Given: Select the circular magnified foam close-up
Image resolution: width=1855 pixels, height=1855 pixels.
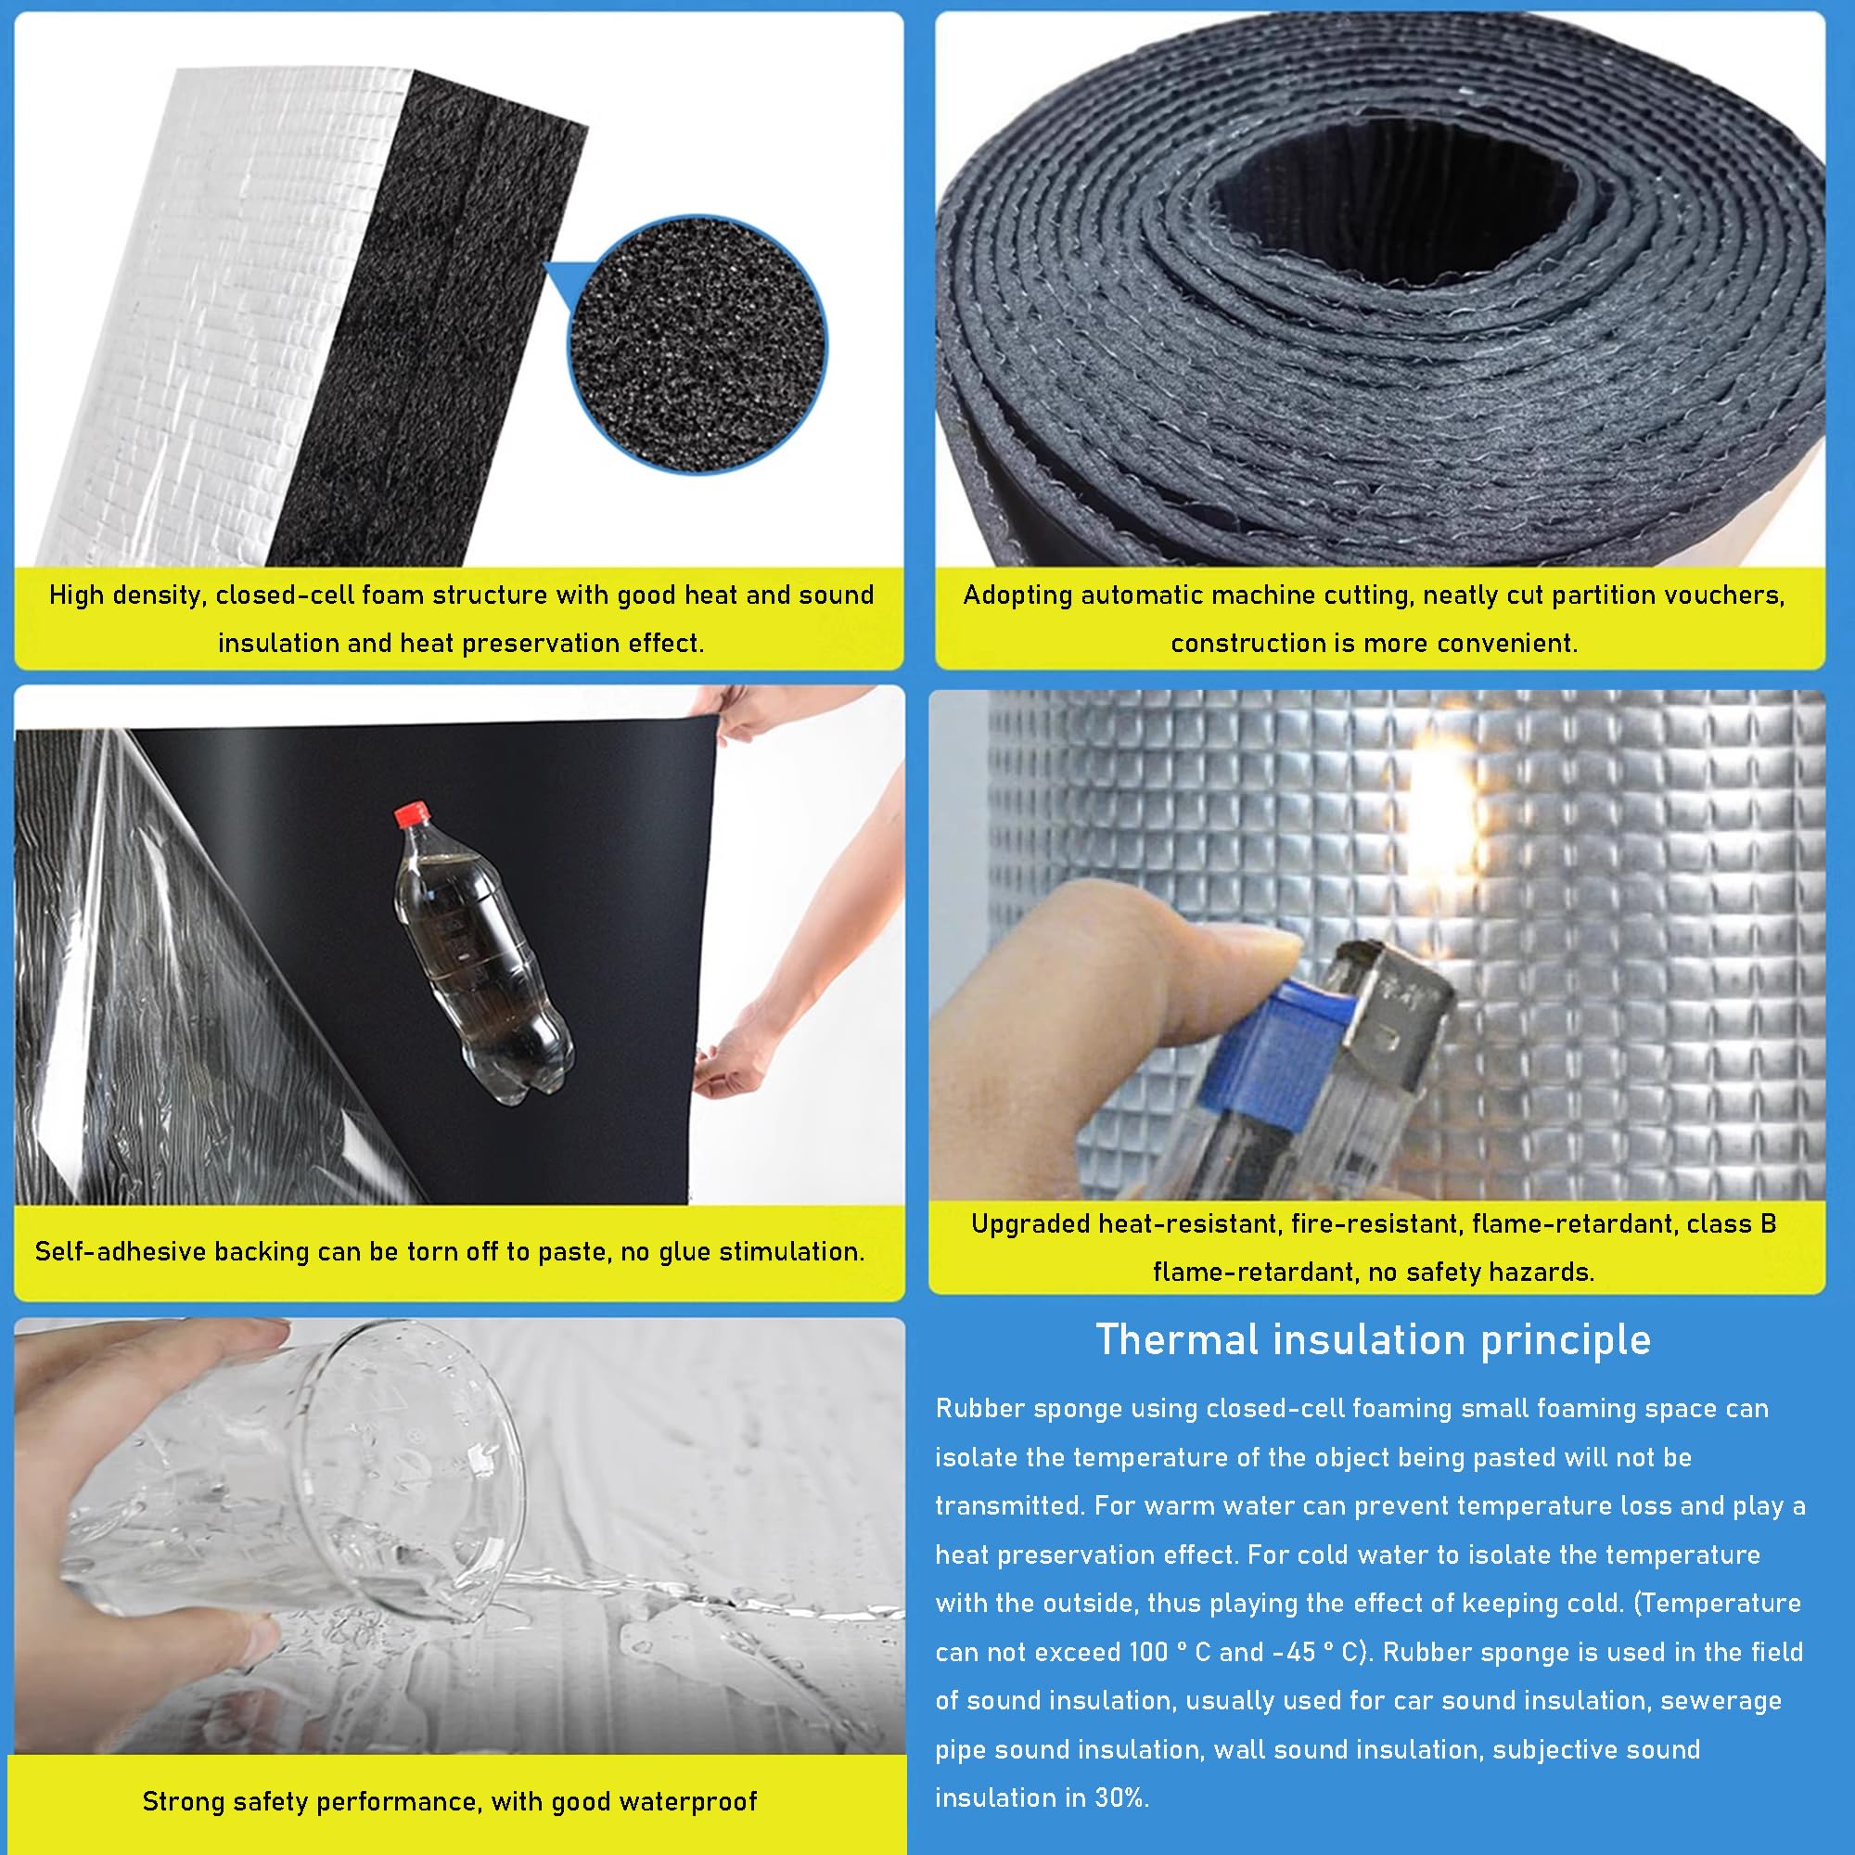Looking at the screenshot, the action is coord(697,345).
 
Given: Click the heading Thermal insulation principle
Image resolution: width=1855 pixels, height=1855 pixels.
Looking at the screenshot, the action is coord(1373,1339).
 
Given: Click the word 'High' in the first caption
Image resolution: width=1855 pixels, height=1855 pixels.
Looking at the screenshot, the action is coord(78,595).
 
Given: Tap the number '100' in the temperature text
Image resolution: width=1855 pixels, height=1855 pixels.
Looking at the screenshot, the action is coord(1148,1652).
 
